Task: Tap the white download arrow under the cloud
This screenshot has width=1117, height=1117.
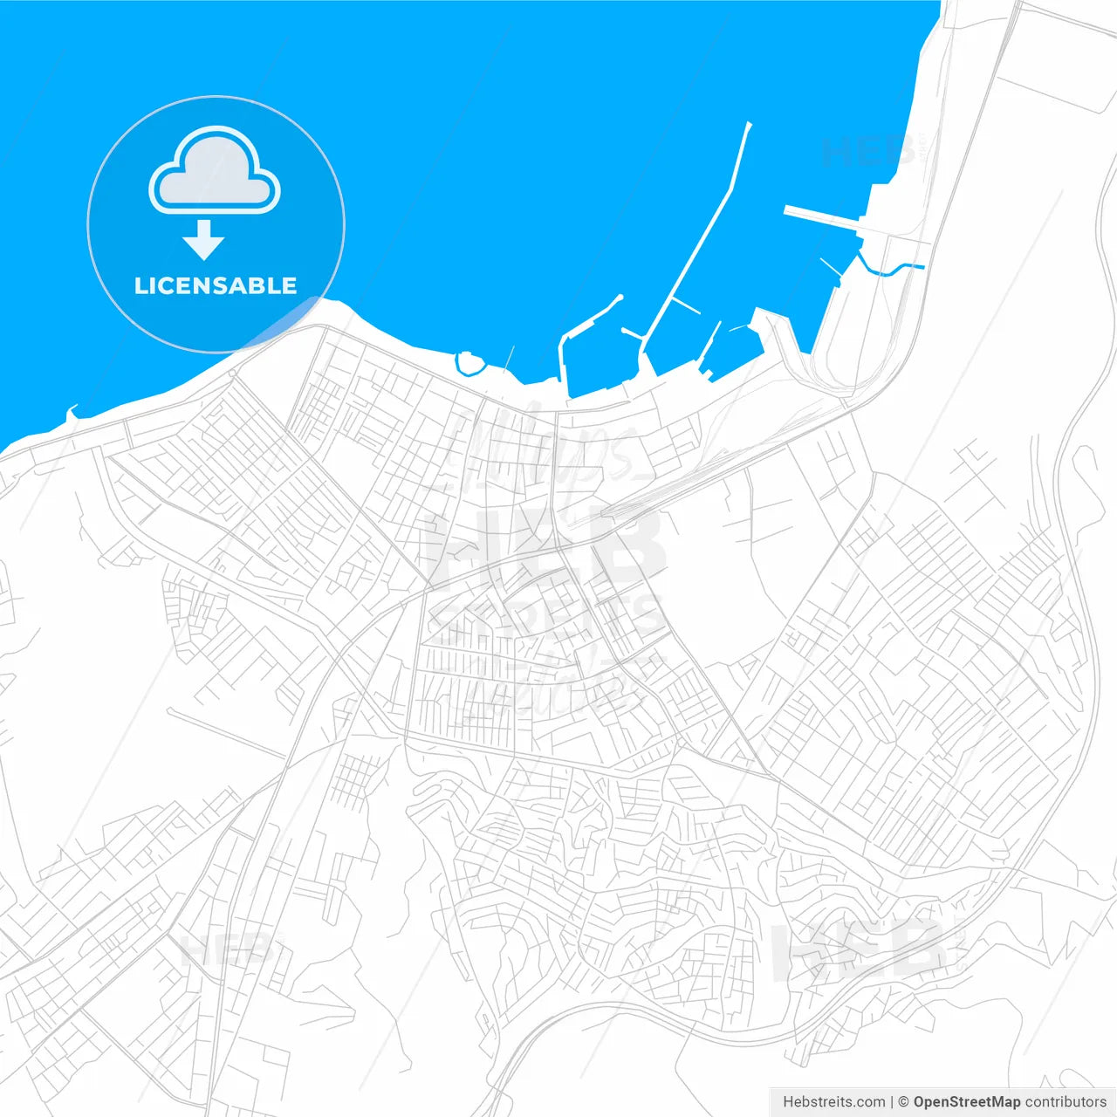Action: (204, 240)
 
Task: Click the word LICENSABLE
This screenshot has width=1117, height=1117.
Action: (216, 285)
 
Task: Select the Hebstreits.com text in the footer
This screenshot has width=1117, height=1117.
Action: (833, 1102)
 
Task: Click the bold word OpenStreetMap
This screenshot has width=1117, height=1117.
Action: (966, 1102)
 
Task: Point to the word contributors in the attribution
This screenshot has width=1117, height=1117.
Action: (1066, 1102)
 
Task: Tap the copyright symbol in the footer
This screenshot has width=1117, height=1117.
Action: (904, 1102)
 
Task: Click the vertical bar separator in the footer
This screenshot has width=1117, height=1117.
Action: (892, 1102)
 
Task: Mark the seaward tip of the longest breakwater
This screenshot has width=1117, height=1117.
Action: (749, 125)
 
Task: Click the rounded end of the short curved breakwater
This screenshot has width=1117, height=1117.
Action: (620, 298)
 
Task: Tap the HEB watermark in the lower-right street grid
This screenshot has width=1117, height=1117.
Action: (860, 949)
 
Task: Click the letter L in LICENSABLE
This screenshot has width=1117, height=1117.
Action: (140, 285)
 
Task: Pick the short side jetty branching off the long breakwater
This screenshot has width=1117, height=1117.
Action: (686, 306)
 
